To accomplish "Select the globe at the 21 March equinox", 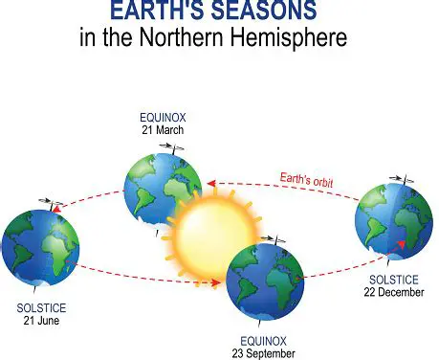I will pos(163,187).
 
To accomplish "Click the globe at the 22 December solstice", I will pos(392,228).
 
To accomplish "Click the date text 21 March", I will pos(162,128).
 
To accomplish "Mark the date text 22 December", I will pos(396,291).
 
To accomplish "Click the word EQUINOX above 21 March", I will pos(162,116).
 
